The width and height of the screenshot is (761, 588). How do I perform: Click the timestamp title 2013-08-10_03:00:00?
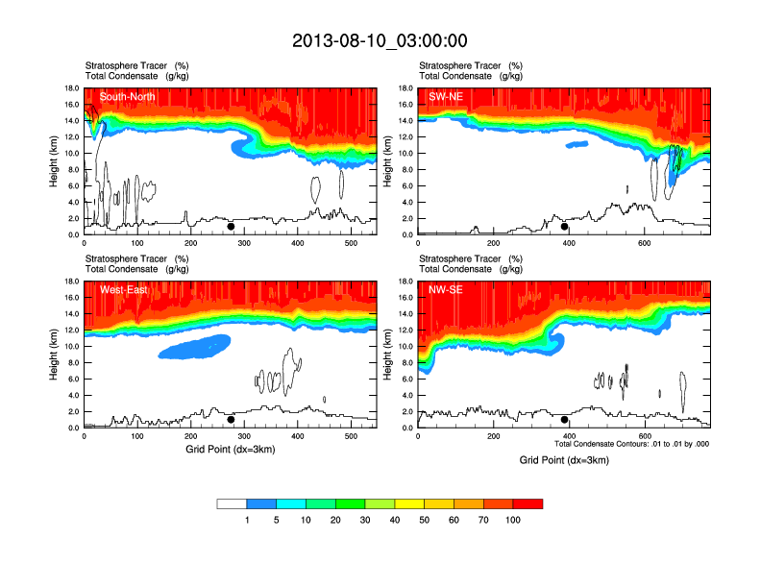380,40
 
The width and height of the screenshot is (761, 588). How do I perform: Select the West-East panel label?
123,290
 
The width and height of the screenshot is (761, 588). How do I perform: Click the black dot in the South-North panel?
231,227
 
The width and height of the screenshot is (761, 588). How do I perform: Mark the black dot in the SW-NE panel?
564,227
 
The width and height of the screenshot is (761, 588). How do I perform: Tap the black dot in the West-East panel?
231,420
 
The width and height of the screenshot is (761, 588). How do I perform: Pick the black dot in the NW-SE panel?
564,420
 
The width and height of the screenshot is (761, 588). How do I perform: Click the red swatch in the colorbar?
528,503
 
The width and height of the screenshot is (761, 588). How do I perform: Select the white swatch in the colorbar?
232,503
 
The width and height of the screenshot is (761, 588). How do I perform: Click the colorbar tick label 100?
513,520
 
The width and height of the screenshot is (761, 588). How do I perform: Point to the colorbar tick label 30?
365,520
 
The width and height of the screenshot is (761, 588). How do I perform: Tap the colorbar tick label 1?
247,520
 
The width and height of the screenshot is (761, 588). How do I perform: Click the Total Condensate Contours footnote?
631,444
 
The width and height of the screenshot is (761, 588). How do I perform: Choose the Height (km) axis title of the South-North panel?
56,161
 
